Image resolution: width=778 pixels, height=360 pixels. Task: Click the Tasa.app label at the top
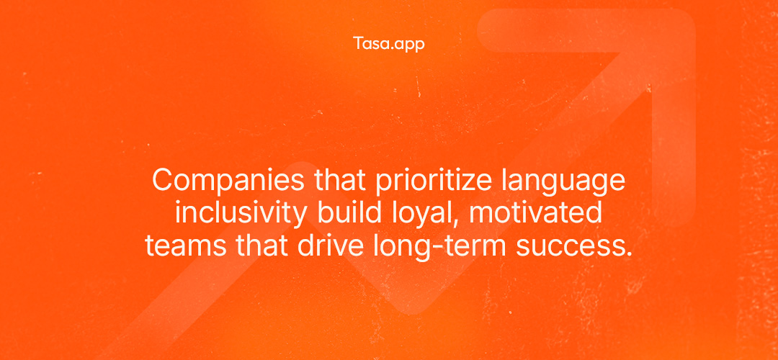pos(389,44)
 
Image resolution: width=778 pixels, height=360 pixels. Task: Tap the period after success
pos(628,255)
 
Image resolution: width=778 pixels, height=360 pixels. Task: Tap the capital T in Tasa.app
pos(358,43)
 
